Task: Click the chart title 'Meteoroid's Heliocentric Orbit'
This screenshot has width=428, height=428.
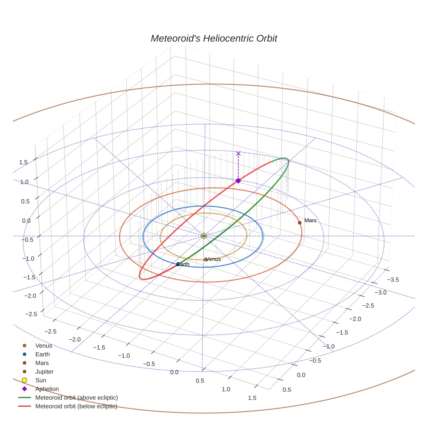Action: tap(214, 38)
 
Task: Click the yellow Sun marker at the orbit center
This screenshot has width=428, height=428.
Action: tap(204, 236)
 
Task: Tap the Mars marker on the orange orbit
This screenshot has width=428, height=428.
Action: tap(299, 223)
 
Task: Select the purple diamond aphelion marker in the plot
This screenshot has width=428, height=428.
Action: tap(238, 181)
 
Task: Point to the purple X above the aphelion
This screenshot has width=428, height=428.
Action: tap(238, 153)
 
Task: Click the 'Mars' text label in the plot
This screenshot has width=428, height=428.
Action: tap(311, 221)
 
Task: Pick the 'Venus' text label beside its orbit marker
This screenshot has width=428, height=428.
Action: tap(214, 259)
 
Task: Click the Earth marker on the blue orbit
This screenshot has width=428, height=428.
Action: tap(178, 264)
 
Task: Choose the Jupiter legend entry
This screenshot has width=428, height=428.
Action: tap(44, 371)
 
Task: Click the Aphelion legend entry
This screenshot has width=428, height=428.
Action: tap(47, 389)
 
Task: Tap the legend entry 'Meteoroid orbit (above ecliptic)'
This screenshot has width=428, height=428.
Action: tap(77, 398)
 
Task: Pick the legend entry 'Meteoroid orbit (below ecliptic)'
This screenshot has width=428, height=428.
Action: tap(77, 406)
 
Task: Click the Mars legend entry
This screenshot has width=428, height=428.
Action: tap(42, 363)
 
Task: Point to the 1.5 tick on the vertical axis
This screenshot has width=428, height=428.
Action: tap(23, 162)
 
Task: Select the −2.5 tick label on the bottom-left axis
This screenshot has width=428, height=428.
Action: tap(51, 331)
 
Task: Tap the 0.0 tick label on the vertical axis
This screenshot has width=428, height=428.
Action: tap(26, 221)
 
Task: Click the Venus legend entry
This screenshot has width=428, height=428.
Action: tap(43, 345)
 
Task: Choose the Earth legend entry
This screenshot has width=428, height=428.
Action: tap(43, 354)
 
